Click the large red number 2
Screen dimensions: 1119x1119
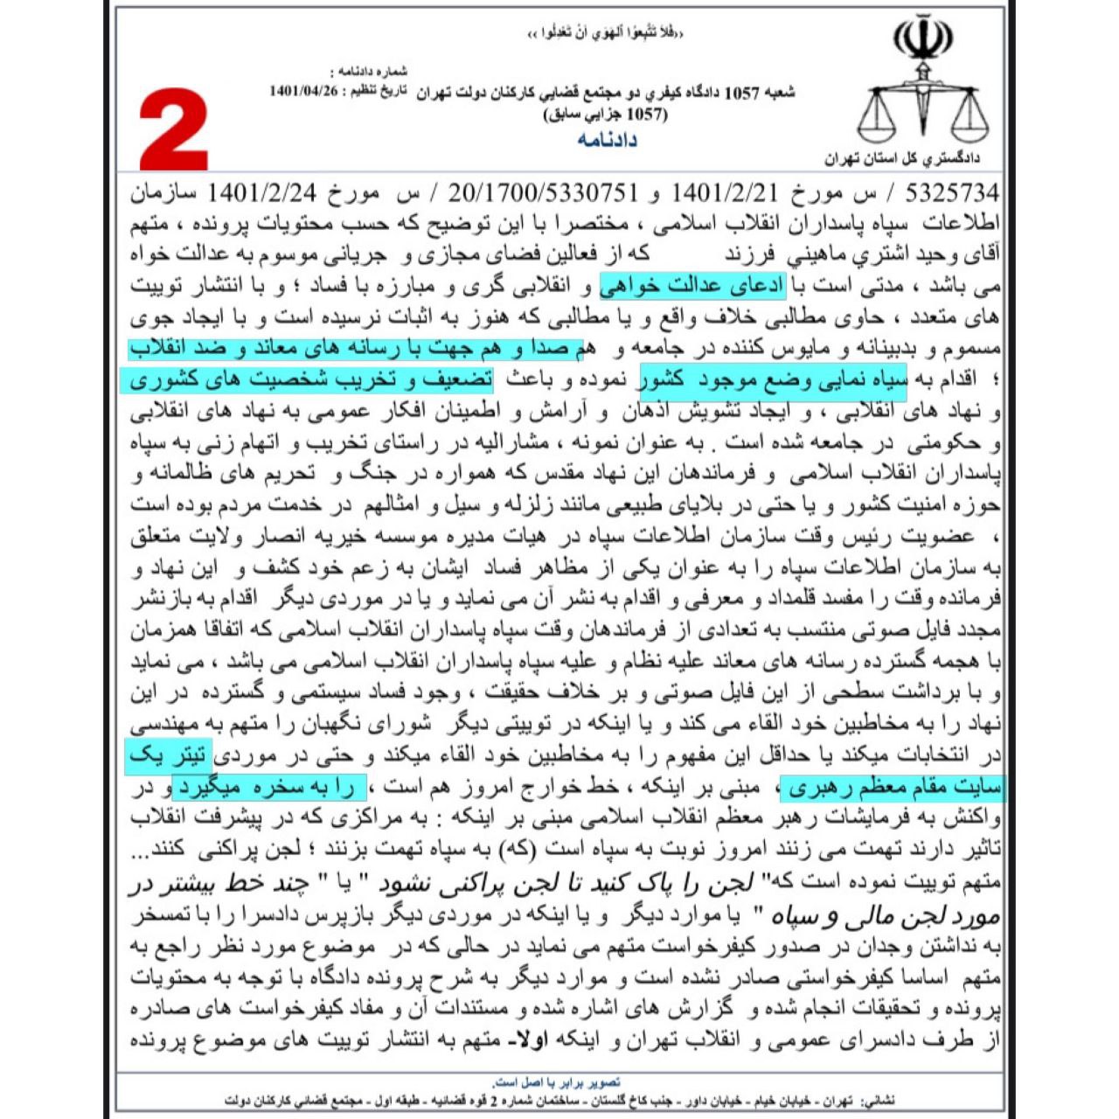pos(174,129)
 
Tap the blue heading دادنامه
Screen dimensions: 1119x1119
pos(607,140)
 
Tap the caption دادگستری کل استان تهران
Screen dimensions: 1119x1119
pos(901,159)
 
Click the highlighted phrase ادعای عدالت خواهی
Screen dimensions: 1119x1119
pos(692,287)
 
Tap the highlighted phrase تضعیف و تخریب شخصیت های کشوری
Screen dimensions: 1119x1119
pos(306,380)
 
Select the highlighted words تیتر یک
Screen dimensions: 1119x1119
pos(168,755)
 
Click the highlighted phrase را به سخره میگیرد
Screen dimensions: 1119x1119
pos(268,788)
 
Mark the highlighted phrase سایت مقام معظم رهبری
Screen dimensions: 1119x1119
pos(892,788)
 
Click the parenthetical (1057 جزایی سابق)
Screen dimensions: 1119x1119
pos(605,115)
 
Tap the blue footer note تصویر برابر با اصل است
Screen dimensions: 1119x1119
pos(557,1082)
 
